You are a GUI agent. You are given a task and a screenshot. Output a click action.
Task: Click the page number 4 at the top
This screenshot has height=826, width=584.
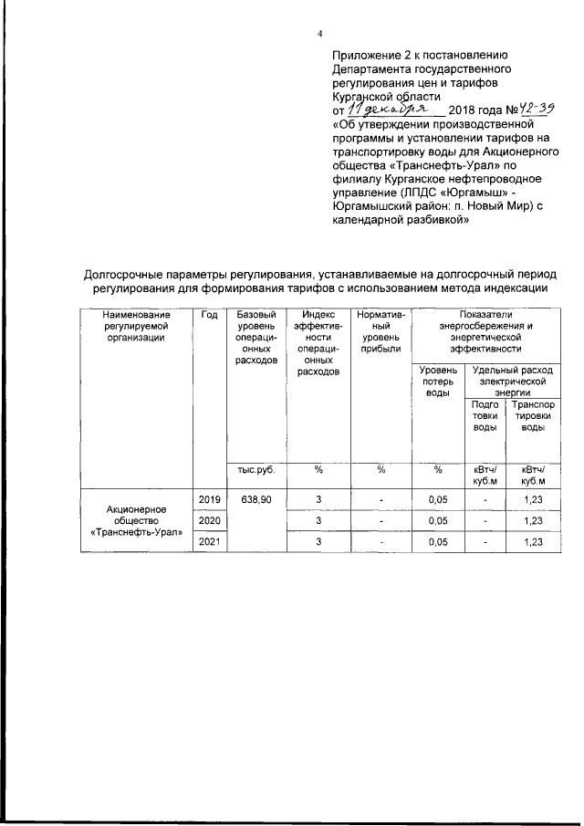pyautogui.click(x=319, y=35)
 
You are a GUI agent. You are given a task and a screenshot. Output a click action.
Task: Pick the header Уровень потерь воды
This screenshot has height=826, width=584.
pyautogui.click(x=438, y=381)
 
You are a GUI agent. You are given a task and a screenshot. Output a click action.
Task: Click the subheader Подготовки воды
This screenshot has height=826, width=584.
pyautogui.click(x=485, y=415)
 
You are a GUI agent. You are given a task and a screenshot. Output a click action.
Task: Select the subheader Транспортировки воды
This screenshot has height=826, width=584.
pyautogui.click(x=534, y=415)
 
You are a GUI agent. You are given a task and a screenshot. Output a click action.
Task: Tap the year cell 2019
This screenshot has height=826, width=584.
pyautogui.click(x=210, y=499)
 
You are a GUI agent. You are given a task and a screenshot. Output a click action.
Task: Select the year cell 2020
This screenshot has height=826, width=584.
pyautogui.click(x=210, y=520)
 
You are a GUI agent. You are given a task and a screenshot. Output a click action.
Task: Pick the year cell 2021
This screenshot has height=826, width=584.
pyautogui.click(x=210, y=541)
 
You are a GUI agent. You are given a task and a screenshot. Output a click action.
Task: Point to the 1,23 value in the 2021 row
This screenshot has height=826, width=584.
pyautogui.click(x=534, y=541)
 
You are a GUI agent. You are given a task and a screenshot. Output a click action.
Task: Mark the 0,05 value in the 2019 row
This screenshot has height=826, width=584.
pyautogui.click(x=438, y=499)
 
